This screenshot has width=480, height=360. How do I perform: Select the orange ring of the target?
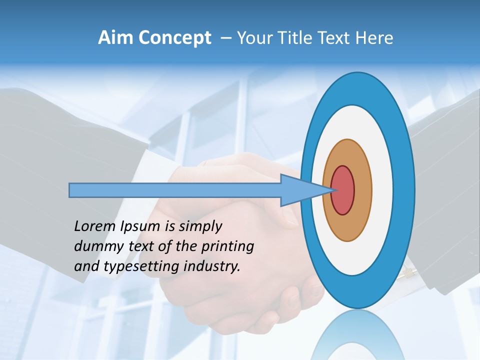point(363,190)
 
